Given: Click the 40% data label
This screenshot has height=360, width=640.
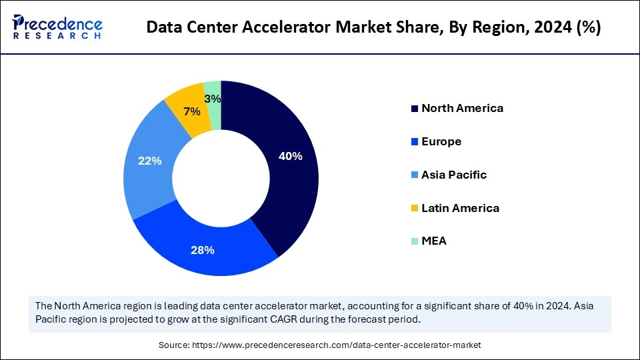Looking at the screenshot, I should pos(291,157).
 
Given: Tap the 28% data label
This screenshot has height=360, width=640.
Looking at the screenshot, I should pos(203,250).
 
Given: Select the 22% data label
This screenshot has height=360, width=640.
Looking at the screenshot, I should pos(150,161).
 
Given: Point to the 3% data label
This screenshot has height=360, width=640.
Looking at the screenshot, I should pos(213,99).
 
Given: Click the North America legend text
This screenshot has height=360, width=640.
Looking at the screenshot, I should pos(462,108).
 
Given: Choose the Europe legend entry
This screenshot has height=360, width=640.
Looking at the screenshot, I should pos(441,141).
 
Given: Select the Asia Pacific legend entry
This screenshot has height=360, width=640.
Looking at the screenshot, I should pos(454,175).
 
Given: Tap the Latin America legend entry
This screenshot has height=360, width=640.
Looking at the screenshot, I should pos(460,208).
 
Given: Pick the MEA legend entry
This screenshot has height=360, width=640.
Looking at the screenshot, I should pos(434,241).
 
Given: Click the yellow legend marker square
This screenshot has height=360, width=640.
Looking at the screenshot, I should pos(415,209).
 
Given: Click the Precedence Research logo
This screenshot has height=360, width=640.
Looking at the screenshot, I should pos(57,27).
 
